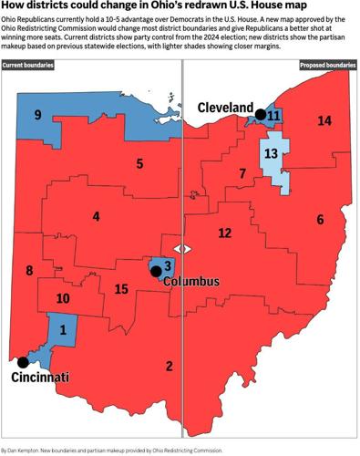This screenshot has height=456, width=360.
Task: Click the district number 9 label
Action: click(37, 115)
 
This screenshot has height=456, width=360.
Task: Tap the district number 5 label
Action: click(139, 164)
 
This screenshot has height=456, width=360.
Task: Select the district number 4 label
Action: click(95, 217)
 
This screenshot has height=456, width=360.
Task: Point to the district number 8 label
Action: click(29, 270)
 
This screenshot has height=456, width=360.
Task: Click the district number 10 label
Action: click(63, 297)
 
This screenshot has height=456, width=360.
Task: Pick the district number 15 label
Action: click(120, 289)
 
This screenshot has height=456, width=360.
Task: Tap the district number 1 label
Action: click(62, 329)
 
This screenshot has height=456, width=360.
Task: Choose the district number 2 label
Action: click(168, 367)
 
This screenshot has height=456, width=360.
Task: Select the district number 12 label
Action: click(224, 233)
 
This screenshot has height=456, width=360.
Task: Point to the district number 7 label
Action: click(242, 173)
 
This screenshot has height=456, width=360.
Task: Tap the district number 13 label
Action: click(271, 154)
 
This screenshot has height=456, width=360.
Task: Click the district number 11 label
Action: click(273, 116)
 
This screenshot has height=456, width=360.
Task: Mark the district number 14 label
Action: click(324, 121)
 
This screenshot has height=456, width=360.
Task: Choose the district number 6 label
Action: click(320, 220)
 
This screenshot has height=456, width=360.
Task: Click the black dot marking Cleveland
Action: click(260, 115)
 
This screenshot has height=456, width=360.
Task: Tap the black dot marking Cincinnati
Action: click(23, 362)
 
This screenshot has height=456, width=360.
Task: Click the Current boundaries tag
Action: click(27, 66)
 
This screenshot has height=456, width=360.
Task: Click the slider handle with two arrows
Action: click(182, 248)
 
